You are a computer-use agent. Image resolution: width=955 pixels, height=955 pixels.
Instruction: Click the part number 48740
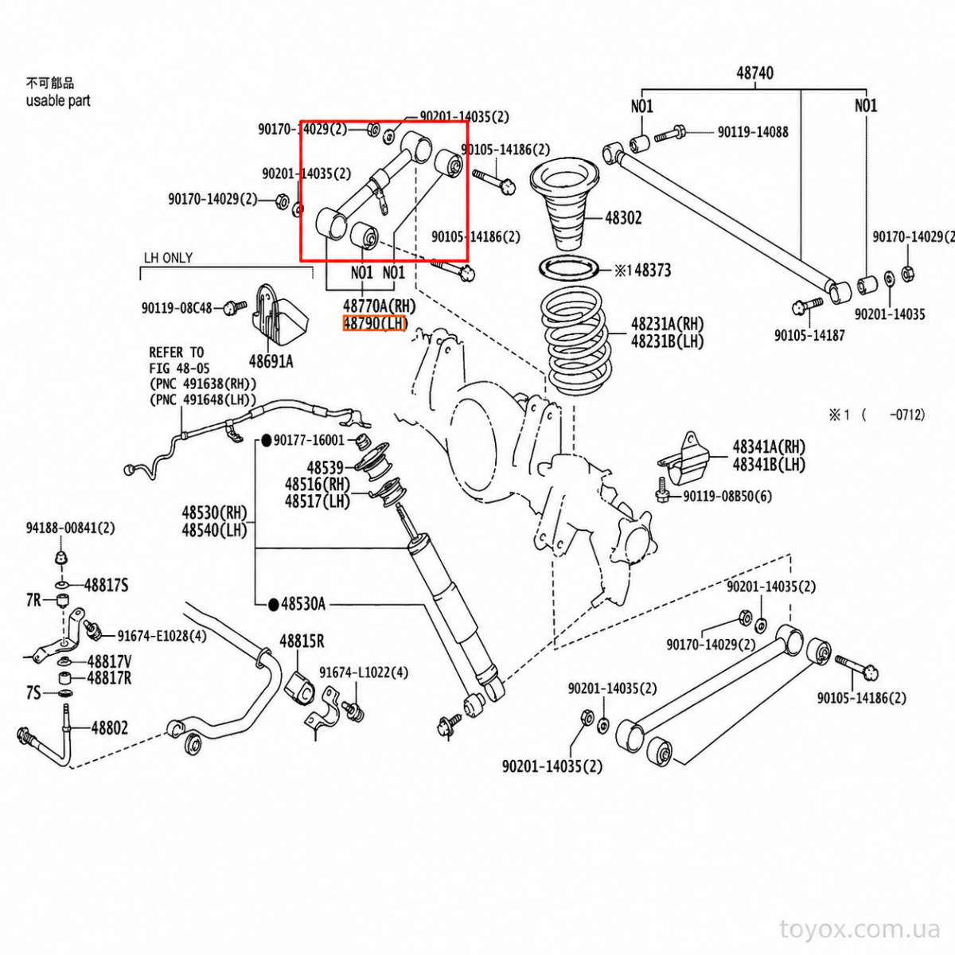[x=754, y=73]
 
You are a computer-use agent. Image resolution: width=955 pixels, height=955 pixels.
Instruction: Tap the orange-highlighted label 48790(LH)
[x=375, y=324]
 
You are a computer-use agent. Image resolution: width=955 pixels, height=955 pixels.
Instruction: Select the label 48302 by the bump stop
[x=623, y=217]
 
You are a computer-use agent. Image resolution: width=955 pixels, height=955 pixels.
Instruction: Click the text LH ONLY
[x=169, y=258]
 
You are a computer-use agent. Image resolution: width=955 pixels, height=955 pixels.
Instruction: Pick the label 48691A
[x=271, y=362]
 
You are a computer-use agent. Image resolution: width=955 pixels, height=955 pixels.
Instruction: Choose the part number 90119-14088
[x=753, y=132]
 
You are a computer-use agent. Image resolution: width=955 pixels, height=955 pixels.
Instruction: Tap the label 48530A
[x=303, y=604]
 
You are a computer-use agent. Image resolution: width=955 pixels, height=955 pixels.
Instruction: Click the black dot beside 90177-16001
[x=266, y=440]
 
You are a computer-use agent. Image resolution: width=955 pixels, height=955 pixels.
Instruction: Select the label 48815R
[x=302, y=641]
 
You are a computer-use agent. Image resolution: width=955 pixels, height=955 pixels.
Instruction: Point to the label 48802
[x=110, y=728]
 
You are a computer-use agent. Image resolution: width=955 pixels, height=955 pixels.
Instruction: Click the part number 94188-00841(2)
[x=70, y=528]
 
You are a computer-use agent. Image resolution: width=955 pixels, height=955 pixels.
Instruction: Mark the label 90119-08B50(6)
[x=727, y=496]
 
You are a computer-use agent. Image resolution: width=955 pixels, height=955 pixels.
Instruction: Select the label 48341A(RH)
[x=769, y=446]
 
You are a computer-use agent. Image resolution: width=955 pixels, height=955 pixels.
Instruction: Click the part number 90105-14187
[x=810, y=336]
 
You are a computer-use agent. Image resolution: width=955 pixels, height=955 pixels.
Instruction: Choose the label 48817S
[x=106, y=585]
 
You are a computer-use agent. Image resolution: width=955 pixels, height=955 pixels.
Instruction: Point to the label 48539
[x=325, y=467]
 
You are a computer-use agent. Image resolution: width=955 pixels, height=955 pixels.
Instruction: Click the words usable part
[x=58, y=100]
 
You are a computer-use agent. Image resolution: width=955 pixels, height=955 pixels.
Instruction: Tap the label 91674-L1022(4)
[x=364, y=672]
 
